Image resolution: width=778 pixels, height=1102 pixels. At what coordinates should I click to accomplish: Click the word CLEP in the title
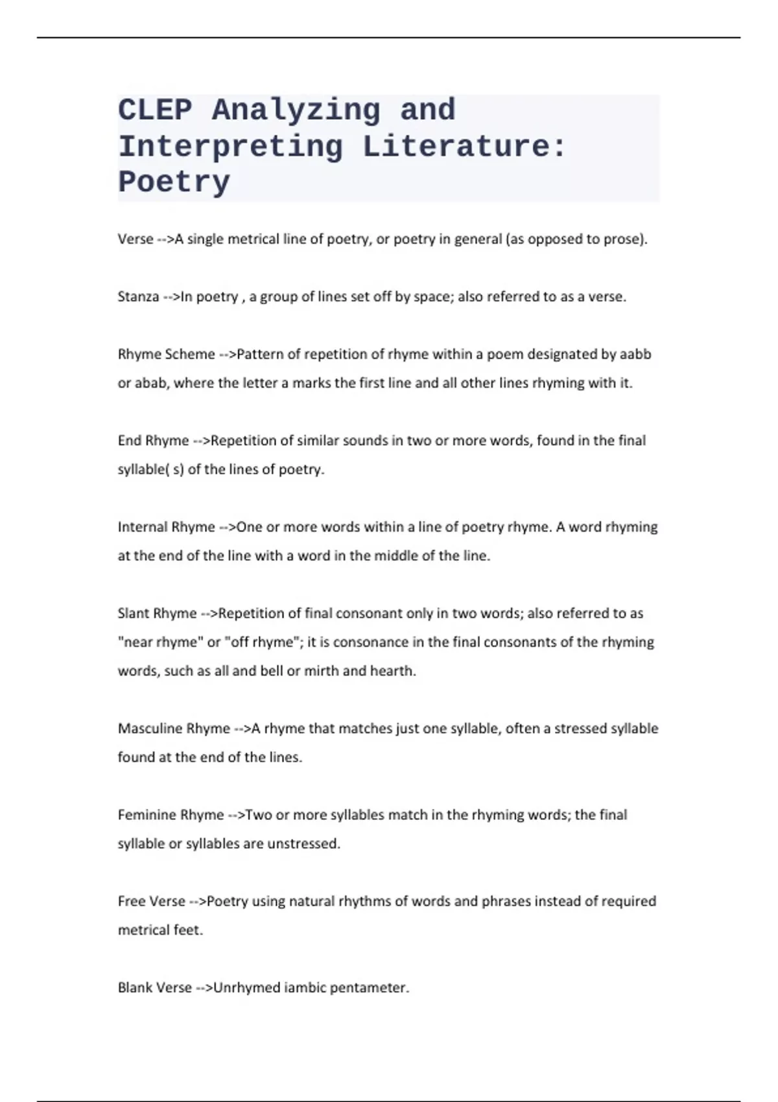coord(155,110)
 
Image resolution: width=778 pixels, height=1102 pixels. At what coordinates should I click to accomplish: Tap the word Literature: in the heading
coord(464,147)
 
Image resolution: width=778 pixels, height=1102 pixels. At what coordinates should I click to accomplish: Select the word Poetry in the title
coord(174,182)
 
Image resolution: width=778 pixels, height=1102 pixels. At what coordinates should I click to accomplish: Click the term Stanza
coord(138,297)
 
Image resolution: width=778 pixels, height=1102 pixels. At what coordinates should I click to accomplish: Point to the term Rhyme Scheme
coord(166,355)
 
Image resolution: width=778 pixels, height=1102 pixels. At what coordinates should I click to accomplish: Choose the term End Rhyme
coord(153,441)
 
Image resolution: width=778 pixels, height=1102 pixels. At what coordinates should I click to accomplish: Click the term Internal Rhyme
coord(166,527)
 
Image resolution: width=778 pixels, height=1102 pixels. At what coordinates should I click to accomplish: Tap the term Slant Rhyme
coord(157,613)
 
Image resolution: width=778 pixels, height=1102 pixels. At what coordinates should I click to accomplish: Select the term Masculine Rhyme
coord(174,729)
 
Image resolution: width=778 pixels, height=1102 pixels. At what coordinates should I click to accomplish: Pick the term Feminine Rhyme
coord(171,815)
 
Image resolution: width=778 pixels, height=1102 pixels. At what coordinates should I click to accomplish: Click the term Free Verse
coord(152,901)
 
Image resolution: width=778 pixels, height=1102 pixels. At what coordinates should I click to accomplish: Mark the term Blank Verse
coord(155,988)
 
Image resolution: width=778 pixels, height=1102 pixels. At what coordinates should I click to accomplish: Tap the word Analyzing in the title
coord(296,110)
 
